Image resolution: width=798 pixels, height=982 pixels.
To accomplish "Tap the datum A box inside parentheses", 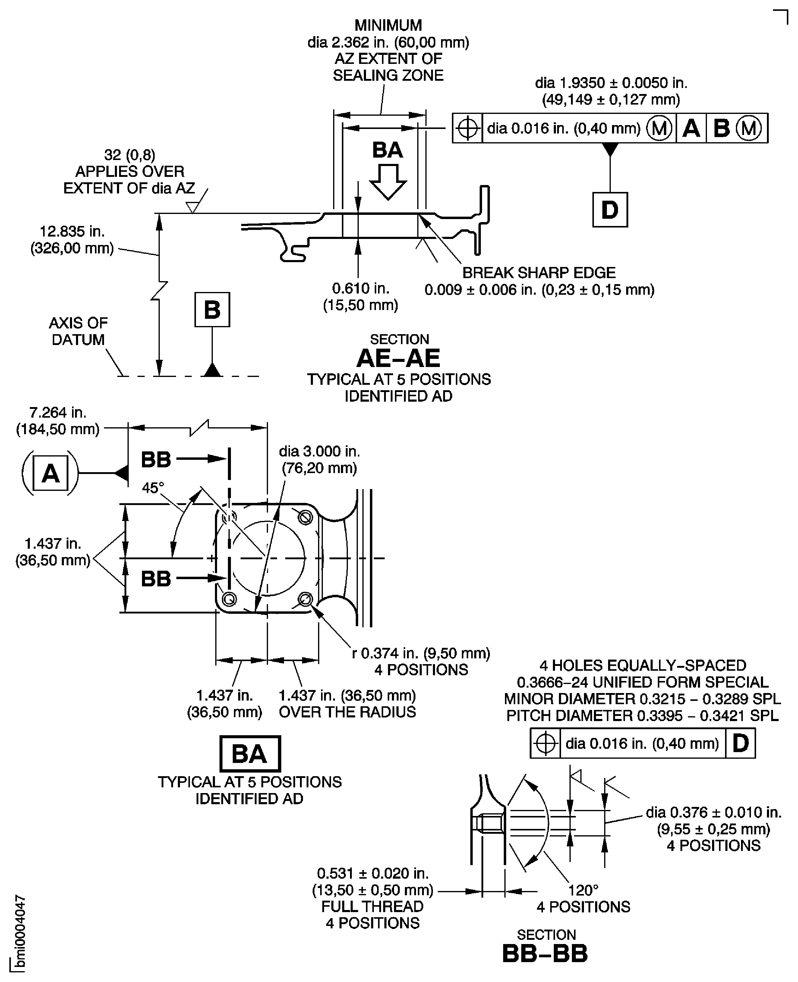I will click(x=51, y=473).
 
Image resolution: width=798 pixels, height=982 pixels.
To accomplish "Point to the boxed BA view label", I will click(x=250, y=754).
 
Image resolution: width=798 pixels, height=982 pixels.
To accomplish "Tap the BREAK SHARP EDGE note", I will click(x=539, y=273).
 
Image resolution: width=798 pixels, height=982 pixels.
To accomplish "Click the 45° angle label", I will click(x=153, y=488).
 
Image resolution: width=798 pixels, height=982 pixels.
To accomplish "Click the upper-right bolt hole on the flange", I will click(x=305, y=517).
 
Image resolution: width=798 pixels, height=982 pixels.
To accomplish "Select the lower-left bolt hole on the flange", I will click(x=229, y=599).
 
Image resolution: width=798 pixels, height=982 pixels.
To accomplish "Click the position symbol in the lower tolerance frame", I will click(x=546, y=743).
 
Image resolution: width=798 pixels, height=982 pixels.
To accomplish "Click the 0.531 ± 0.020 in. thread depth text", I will click(x=372, y=873).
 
